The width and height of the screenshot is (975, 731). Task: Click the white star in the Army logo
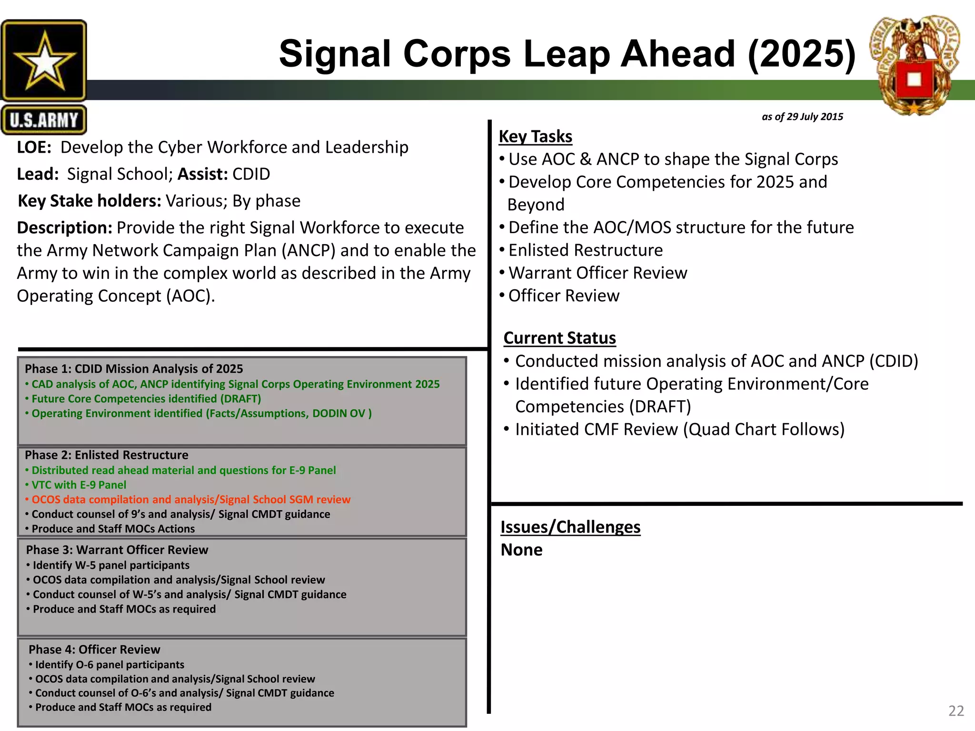[x=44, y=61]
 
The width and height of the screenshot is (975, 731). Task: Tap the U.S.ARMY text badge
[x=44, y=120]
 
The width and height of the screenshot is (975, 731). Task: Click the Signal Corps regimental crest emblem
[x=914, y=67]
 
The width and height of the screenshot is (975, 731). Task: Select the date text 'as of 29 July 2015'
[x=802, y=117]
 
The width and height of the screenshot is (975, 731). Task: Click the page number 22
[x=956, y=711]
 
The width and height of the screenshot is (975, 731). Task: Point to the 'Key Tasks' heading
[x=535, y=137]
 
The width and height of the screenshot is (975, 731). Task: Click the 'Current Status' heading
[x=559, y=338]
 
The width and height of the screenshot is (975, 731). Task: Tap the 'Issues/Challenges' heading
[x=570, y=527]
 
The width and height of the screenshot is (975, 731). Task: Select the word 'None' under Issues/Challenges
[x=521, y=550]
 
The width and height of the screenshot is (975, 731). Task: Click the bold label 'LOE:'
[x=34, y=148]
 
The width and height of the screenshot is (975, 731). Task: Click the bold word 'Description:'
[x=64, y=228]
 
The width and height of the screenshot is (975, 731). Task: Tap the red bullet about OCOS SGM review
[x=190, y=499]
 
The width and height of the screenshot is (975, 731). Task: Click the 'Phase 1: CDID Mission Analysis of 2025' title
[x=134, y=369]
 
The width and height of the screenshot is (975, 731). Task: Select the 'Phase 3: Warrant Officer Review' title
[x=117, y=550]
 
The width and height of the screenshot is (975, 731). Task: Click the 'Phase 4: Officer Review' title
[x=94, y=650]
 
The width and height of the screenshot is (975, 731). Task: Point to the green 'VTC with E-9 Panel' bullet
[x=79, y=485]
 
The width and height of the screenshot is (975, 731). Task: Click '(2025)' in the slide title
[x=801, y=53]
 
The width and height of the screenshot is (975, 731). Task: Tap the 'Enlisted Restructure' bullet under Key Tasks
[x=585, y=250]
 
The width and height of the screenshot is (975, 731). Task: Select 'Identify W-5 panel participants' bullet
[x=111, y=565]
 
